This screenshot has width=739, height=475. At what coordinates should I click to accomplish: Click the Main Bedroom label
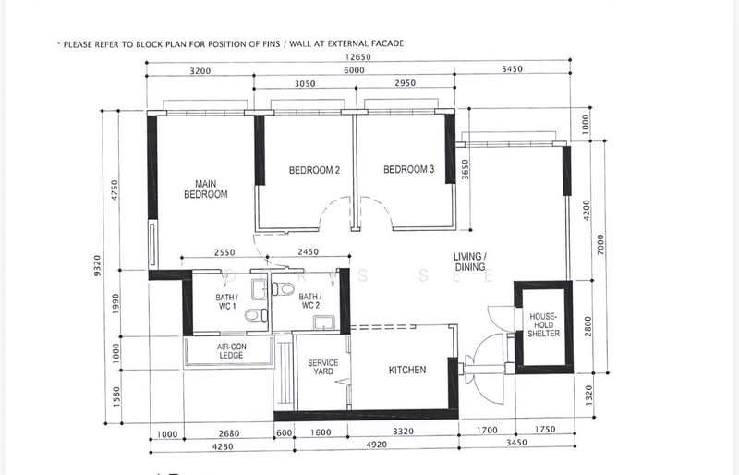[x=205, y=189]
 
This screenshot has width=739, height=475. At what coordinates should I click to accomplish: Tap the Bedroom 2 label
[x=314, y=170]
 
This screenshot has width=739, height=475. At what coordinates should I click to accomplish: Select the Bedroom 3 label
[x=408, y=169]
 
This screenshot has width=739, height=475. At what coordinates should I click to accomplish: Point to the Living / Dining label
[x=470, y=262]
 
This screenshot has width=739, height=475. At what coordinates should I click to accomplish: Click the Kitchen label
[x=407, y=371]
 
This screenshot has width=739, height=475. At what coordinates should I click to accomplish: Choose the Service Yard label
[x=322, y=367]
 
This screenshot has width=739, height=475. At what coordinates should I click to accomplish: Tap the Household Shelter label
[x=543, y=325]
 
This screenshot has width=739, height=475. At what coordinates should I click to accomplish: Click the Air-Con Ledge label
[x=232, y=351]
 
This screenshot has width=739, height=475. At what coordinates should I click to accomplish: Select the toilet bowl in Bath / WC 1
[x=257, y=315]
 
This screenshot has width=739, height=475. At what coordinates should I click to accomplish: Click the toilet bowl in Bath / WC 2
[x=283, y=288]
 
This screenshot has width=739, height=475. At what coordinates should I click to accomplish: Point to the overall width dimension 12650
[x=358, y=57]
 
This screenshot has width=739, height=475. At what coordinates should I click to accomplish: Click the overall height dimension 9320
[x=97, y=265]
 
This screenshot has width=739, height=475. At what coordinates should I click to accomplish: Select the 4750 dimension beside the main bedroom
[x=115, y=189]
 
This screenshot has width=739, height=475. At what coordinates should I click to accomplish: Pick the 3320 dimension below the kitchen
[x=403, y=432]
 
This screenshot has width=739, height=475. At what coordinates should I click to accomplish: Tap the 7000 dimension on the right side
[x=600, y=245]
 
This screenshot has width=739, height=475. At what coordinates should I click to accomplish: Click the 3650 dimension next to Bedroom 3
[x=465, y=169]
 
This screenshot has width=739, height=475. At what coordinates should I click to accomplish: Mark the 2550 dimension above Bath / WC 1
[x=224, y=253]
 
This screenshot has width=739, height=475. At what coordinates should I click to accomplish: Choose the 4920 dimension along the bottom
[x=377, y=445]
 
